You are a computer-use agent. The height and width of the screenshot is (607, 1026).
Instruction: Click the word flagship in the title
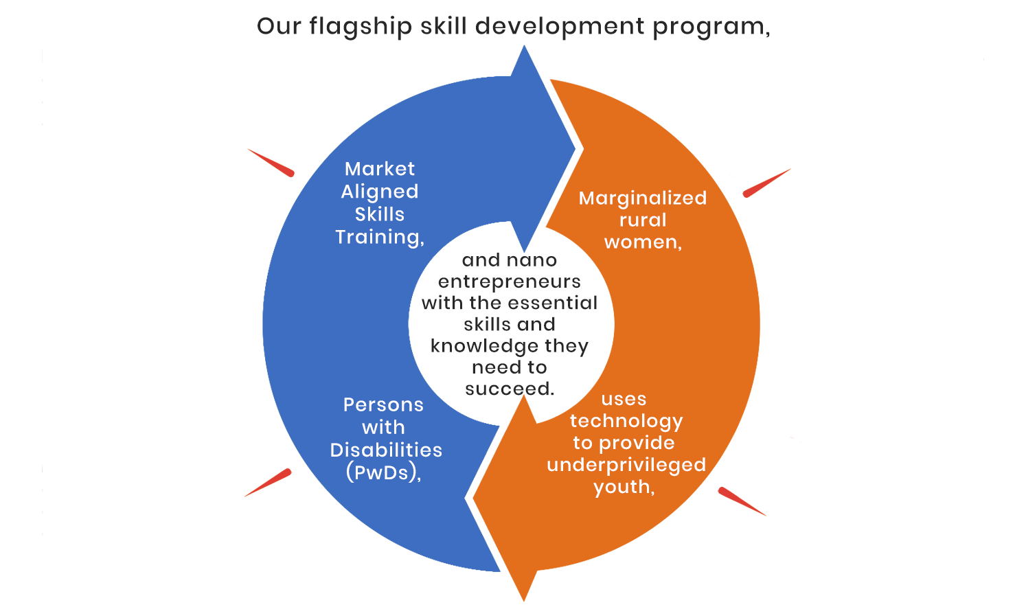(361, 27)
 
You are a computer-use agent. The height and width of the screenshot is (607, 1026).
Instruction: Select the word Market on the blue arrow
(380, 169)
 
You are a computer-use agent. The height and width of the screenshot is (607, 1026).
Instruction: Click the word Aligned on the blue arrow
(380, 192)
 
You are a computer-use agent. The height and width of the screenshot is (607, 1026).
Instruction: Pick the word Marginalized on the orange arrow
(643, 199)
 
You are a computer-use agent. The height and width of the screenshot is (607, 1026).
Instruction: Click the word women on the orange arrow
(641, 242)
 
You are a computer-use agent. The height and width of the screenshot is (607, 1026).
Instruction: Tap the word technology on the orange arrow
(626, 422)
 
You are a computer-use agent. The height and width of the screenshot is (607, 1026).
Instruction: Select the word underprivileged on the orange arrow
(626, 466)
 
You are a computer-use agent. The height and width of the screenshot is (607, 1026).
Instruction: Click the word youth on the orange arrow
(622, 487)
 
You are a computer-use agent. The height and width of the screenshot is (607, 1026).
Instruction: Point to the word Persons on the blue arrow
(383, 405)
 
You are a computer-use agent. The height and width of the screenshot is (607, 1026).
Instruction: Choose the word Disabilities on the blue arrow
(386, 450)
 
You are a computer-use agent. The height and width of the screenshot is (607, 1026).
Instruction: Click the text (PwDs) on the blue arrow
(382, 473)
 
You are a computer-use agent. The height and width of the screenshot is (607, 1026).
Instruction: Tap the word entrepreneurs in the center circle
(510, 282)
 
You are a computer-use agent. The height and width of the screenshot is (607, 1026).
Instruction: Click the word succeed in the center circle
(508, 389)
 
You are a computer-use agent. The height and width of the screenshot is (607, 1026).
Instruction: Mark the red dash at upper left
(271, 163)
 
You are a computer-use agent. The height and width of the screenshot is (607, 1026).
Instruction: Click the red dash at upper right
(766, 183)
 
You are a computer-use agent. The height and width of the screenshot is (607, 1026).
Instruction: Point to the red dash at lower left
(268, 483)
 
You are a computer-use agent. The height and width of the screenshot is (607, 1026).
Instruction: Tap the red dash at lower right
(742, 502)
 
